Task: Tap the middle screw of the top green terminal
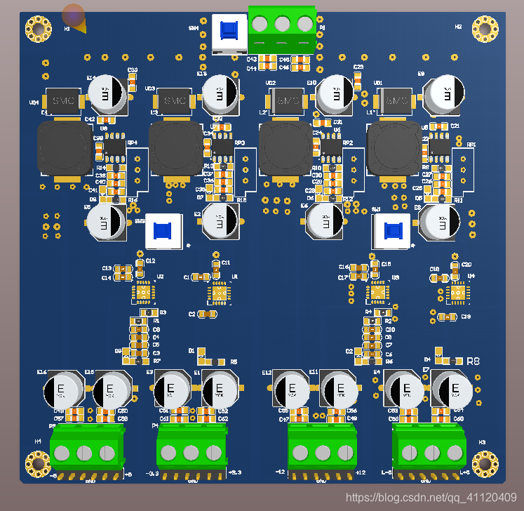point(282,24)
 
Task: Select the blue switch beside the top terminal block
point(229,32)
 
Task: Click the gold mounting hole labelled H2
point(485,29)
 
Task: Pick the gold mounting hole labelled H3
point(485,463)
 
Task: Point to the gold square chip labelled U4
point(457,293)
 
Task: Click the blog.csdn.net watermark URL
point(431,498)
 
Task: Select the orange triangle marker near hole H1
point(81,27)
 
